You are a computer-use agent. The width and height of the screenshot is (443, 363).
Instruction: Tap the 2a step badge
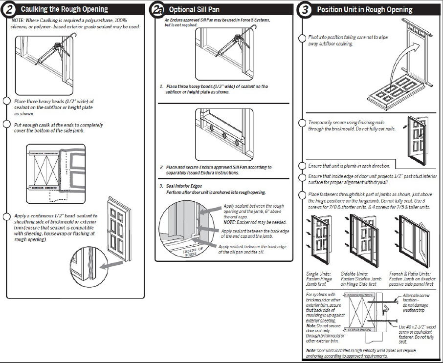coord(157,9)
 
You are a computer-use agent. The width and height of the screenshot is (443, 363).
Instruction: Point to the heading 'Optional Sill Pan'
coord(194,9)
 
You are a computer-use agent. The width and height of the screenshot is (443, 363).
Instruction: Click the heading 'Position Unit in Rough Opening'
coord(365,9)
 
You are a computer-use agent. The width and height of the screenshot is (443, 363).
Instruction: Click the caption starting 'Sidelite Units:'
coord(359,278)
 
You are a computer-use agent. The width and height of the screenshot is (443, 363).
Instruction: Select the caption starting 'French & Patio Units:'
coord(411,278)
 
